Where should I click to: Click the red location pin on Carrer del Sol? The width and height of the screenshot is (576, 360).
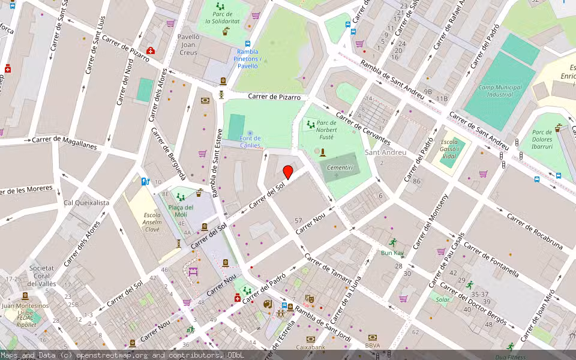[288, 172]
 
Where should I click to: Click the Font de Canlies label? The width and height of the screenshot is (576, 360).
[250, 142]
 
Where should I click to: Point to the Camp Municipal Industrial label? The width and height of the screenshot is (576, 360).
[500, 91]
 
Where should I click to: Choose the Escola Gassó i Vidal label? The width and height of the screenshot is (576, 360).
[449, 152]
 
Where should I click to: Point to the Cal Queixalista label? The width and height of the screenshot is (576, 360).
[86, 203]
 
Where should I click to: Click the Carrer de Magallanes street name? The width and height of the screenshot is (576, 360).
[64, 143]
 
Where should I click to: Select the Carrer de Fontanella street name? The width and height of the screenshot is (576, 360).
[491, 259]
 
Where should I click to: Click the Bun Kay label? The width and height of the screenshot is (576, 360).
[393, 253]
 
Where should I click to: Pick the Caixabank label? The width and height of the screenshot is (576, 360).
[311, 347]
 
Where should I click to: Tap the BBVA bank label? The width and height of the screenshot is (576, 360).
[373, 345]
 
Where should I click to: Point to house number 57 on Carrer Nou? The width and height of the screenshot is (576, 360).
[298, 221]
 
